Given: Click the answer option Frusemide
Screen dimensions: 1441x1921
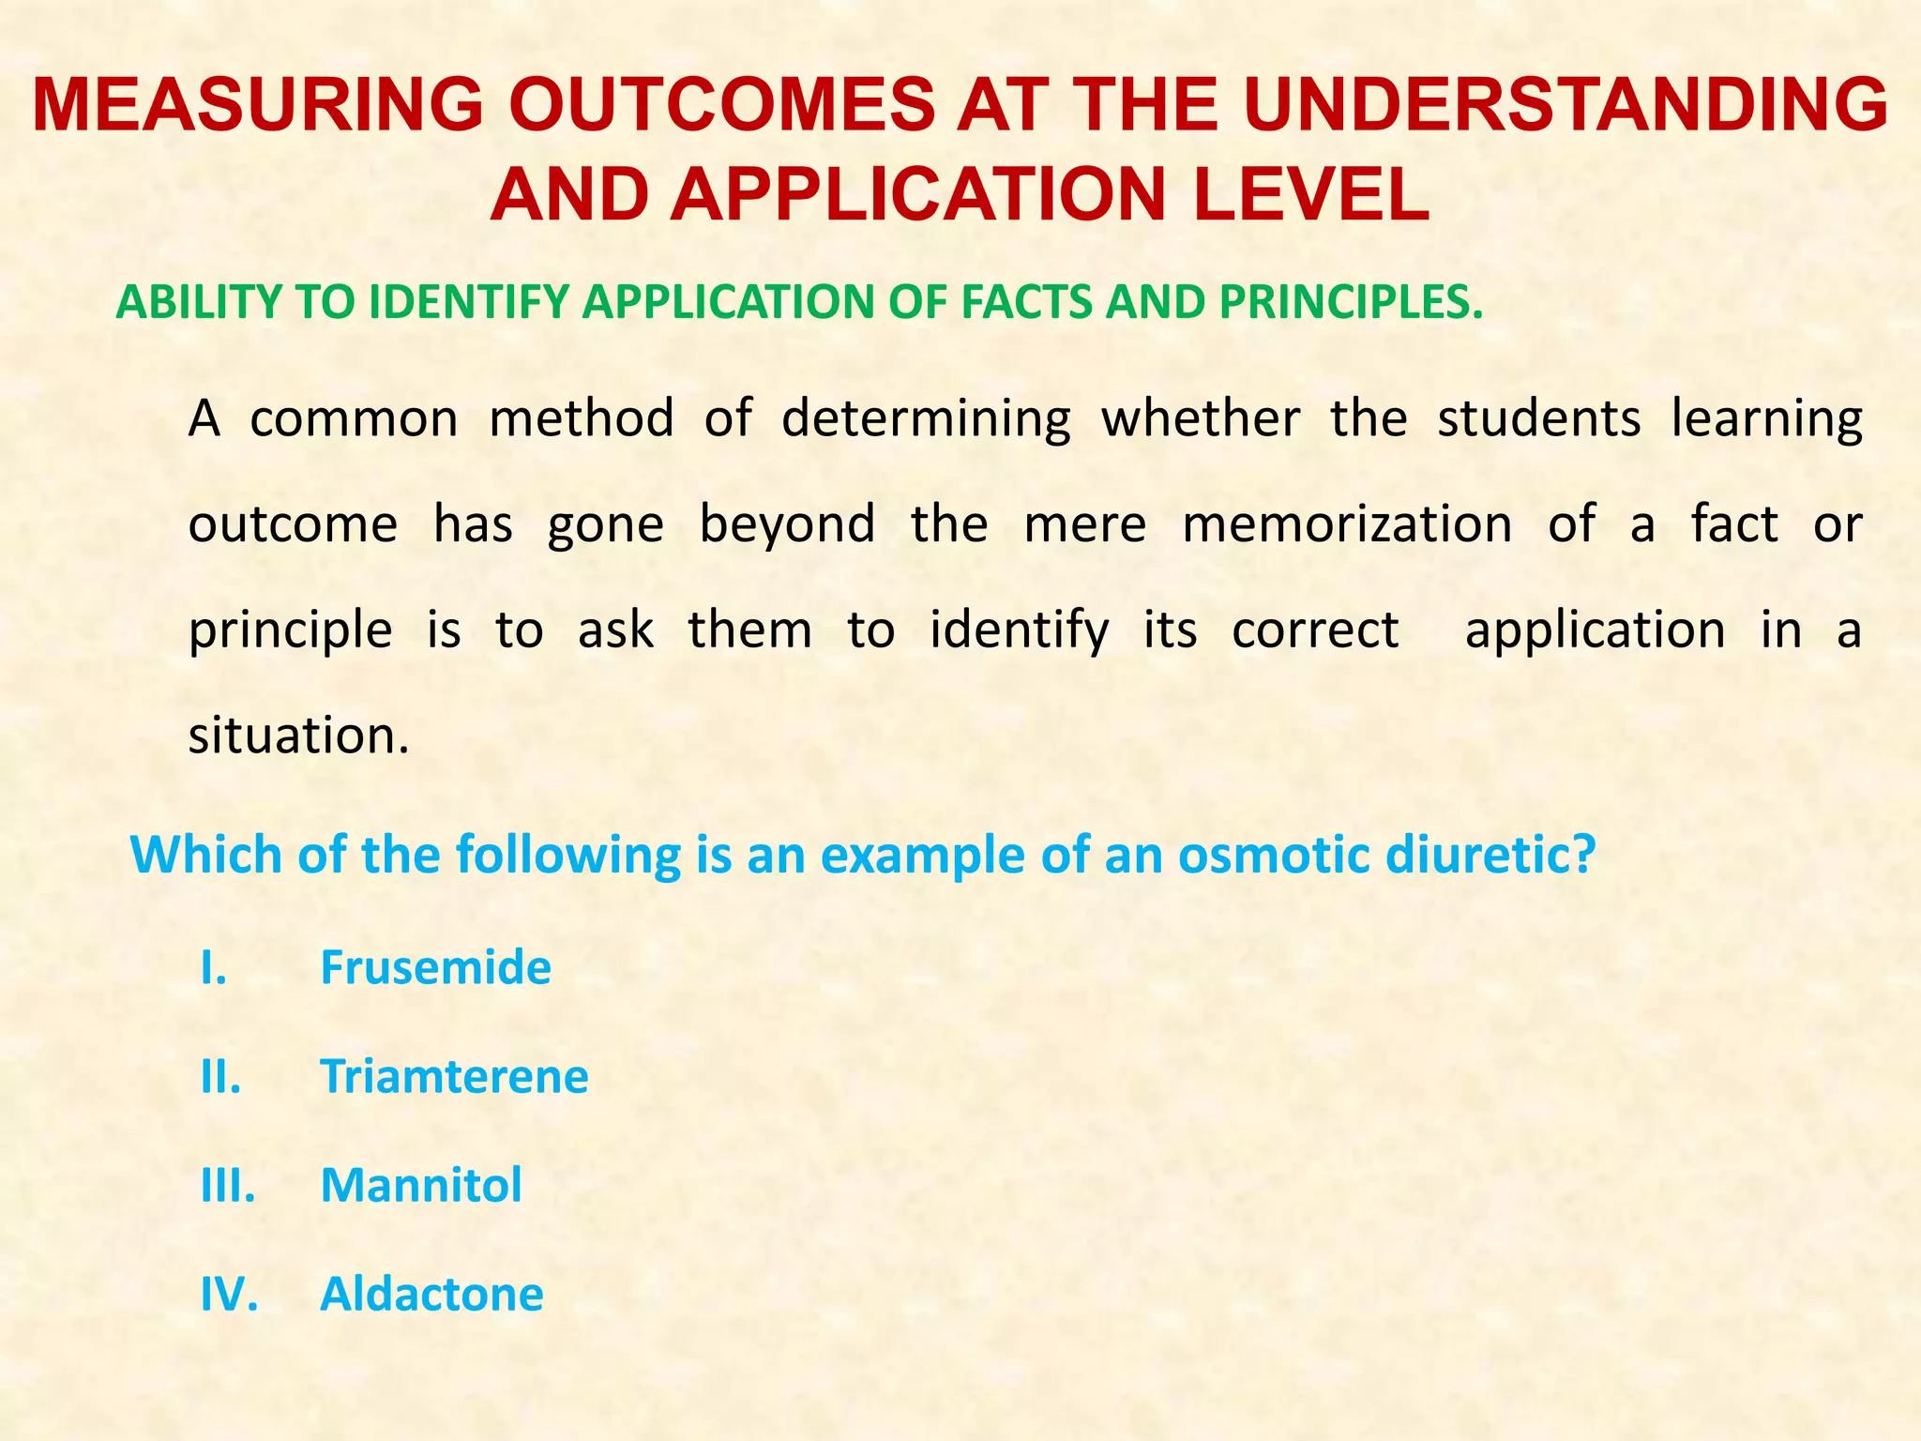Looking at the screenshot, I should coord(435,967).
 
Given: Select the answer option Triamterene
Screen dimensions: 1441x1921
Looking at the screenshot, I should coord(454,1076).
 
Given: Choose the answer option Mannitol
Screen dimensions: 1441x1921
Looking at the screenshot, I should coord(421,1185).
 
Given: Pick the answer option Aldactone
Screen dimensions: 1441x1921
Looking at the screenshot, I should coord(431,1294).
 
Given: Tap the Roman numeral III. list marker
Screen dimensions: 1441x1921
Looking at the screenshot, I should coord(228,1185).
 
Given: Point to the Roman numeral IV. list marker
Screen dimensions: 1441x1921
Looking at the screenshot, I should coord(229,1294).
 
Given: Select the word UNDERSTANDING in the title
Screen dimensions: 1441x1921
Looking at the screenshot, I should coord(1566,104).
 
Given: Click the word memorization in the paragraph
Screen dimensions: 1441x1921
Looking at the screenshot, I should coord(1347,523).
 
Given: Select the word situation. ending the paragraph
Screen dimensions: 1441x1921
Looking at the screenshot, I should coord(298,735).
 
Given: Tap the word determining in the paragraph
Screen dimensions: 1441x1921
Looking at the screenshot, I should coord(926,418).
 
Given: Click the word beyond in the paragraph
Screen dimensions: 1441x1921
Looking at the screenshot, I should coord(787,523).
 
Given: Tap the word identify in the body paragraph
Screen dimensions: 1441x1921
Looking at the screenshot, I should coord(1020,629).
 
